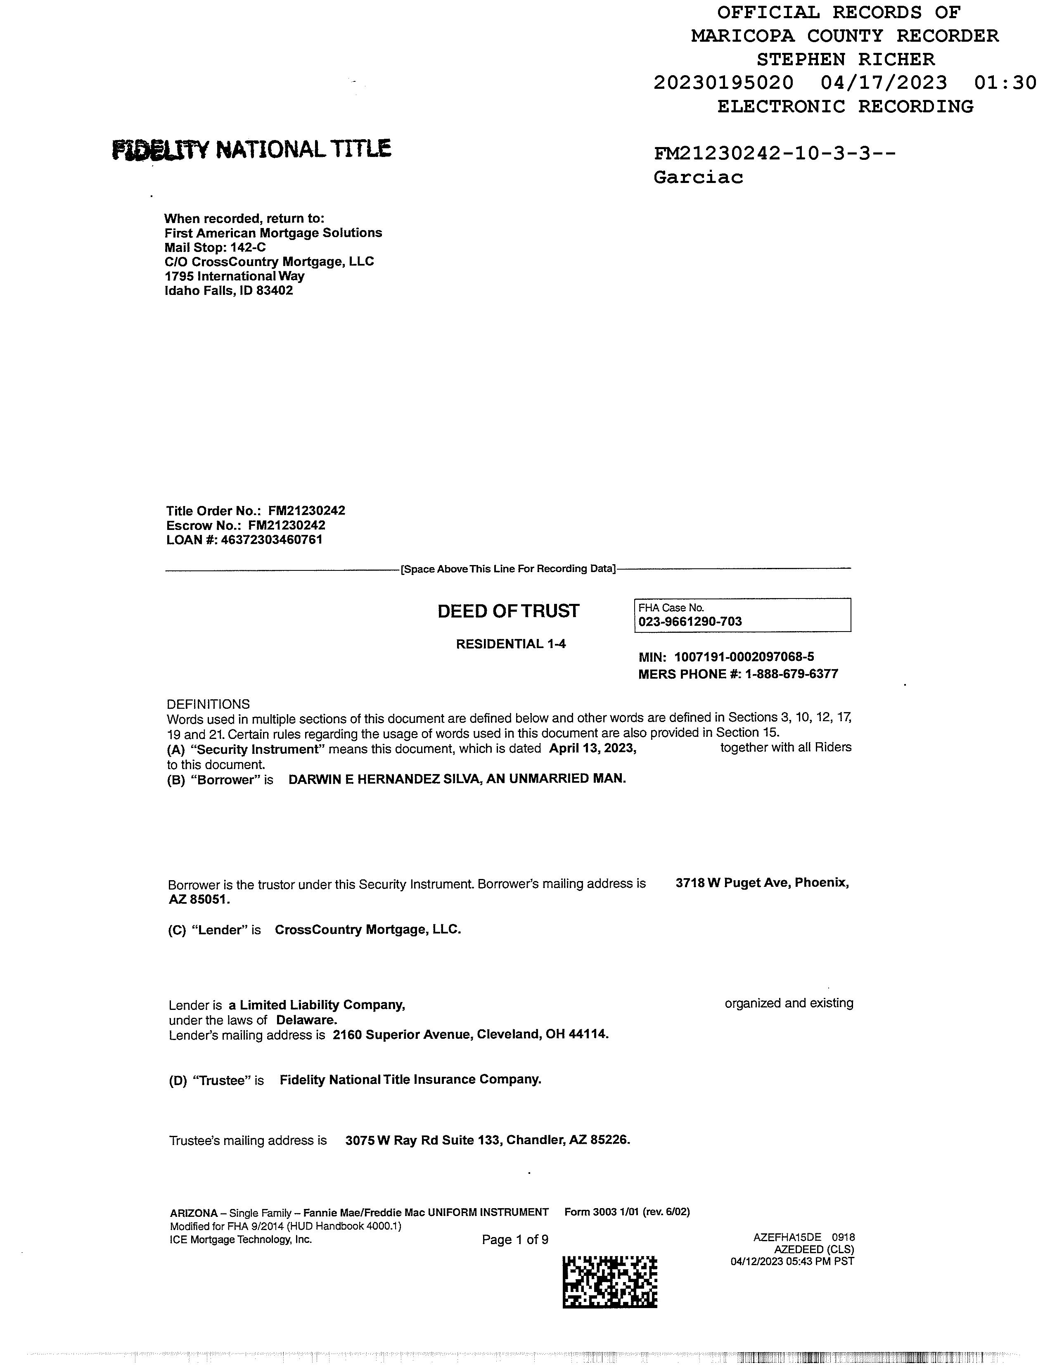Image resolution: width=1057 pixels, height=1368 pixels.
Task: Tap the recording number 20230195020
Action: click(723, 83)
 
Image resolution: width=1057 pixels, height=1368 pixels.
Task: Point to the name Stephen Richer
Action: click(845, 59)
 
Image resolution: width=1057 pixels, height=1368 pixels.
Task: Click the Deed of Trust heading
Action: click(508, 611)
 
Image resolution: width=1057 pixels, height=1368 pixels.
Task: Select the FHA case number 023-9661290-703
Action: click(690, 622)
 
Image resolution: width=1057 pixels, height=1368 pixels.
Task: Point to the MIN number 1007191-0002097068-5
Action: click(744, 657)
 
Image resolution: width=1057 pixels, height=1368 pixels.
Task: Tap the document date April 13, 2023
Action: click(592, 748)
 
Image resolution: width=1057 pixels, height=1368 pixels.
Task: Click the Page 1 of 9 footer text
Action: click(515, 1240)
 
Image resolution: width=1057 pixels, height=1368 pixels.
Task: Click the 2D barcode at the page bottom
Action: click(610, 1282)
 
